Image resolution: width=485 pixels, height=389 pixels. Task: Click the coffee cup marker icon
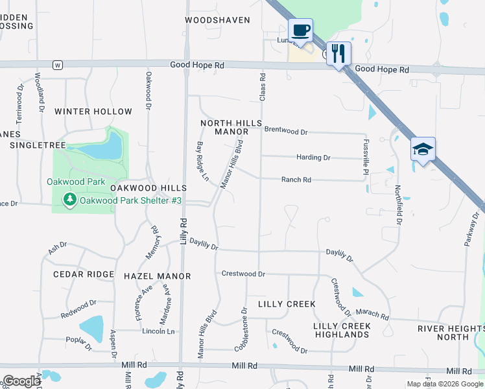click(301, 30)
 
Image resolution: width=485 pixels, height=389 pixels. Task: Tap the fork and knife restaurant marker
click(338, 53)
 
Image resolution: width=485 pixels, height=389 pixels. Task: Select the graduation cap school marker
click(423, 150)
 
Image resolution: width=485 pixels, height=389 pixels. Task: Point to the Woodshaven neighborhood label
click(217, 20)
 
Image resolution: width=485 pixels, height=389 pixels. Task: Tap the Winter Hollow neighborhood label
click(93, 112)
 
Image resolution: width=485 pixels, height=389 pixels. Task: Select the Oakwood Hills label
click(145, 187)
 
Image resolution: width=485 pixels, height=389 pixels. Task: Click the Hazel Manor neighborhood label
click(157, 276)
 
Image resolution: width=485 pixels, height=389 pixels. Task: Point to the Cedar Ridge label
click(84, 274)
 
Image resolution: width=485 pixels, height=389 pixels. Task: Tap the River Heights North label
click(452, 333)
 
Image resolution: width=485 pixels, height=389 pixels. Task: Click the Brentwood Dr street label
click(286, 132)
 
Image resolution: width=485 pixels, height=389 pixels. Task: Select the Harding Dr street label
click(313, 158)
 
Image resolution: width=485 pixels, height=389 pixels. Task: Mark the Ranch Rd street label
click(296, 180)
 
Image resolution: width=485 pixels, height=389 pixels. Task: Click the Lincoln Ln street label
click(158, 331)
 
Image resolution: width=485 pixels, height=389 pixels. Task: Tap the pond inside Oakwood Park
click(104, 148)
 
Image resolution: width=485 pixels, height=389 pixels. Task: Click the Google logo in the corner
click(21, 381)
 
